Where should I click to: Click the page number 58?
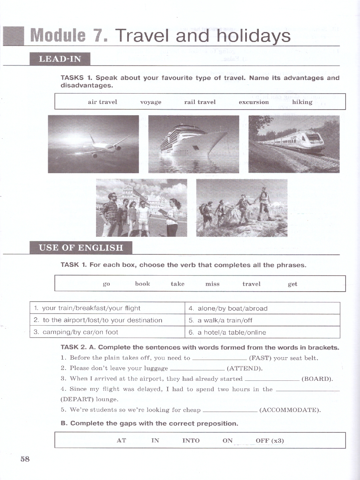coord(25,459)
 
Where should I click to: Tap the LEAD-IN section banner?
coord(60,59)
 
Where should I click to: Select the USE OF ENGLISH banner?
coord(81,248)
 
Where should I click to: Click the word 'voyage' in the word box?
coord(151,102)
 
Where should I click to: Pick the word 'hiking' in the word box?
coord(302,102)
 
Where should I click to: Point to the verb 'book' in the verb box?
coord(142,284)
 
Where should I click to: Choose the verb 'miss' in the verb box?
coord(212,284)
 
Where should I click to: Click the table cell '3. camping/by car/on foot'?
coord(107,332)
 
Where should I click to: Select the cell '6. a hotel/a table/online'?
coord(262,332)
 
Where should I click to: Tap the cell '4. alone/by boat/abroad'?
coord(262,308)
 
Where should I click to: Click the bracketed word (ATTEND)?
coord(245,368)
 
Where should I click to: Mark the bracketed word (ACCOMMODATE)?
coord(290,410)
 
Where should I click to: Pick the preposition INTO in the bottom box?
coord(191,440)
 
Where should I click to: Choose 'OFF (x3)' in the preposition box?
coord(270,440)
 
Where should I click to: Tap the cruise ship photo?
coord(194,144)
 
